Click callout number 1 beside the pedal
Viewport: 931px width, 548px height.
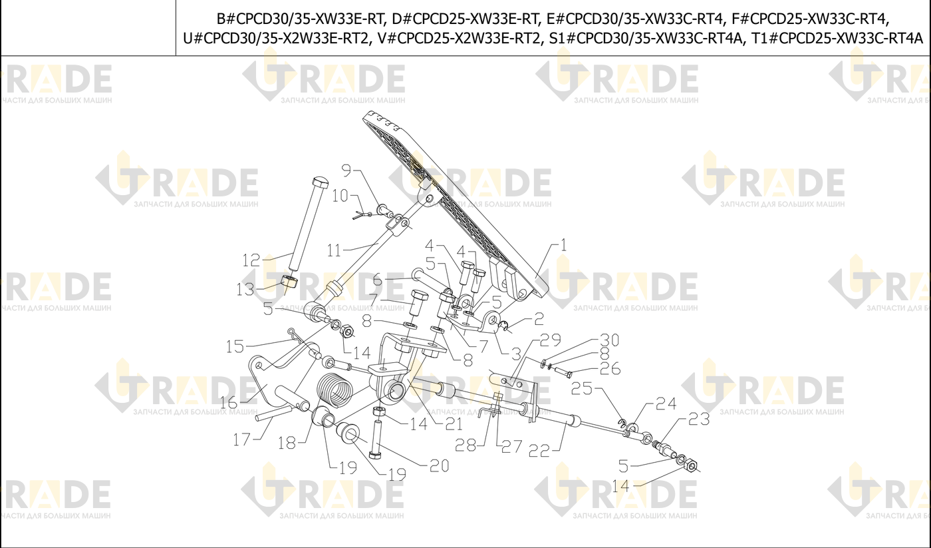[x=563, y=245]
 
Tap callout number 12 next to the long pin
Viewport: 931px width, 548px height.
[x=251, y=260]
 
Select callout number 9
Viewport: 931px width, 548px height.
[x=346, y=170]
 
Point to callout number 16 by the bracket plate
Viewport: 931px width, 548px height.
[x=229, y=402]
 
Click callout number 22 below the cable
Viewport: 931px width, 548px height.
[x=539, y=451]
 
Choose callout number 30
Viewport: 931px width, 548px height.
[x=610, y=340]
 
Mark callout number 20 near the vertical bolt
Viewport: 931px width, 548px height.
[x=440, y=466]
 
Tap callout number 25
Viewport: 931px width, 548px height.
[x=581, y=388]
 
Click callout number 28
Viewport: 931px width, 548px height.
[x=465, y=445]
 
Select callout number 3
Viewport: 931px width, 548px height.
[x=516, y=354]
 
